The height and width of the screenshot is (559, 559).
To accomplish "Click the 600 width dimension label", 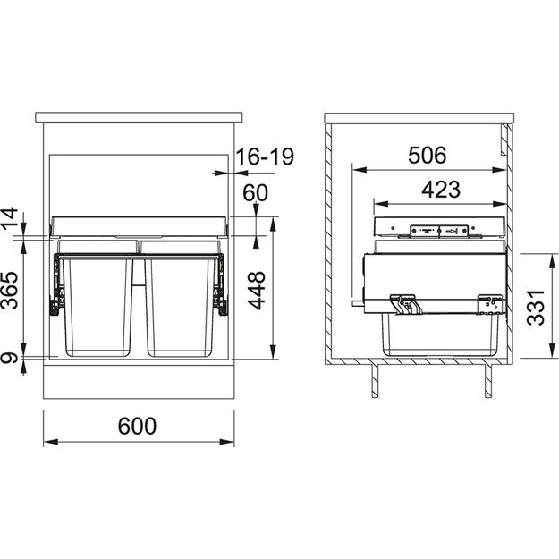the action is tap(137, 426).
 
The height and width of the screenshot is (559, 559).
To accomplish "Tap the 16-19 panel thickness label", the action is tap(266, 157).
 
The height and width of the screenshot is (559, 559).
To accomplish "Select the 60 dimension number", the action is tap(255, 193).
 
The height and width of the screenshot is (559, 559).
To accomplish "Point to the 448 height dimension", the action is tap(257, 291).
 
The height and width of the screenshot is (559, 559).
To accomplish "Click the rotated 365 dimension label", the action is tap(10, 291).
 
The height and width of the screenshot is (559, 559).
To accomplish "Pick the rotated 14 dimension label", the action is tap(10, 218).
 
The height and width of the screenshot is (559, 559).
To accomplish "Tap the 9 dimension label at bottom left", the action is tap(10, 358).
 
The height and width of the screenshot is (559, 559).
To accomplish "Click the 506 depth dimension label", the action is tap(428, 156).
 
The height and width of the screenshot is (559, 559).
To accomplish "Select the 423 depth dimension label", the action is tap(441, 190).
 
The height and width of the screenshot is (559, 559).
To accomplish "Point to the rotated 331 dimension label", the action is tap(536, 308).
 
